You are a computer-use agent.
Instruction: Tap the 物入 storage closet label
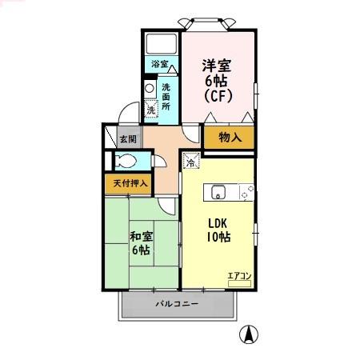pos(230,138)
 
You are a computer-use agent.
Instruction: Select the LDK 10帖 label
pos(219,230)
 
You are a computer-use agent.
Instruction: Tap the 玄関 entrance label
pos(128,138)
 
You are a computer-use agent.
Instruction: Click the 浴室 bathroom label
pos(159,64)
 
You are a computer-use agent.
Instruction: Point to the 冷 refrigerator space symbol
pos(190,162)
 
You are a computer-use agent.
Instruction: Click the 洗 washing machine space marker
pos(150,110)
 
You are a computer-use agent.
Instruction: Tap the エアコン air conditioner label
pos(239,277)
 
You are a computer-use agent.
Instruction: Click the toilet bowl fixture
pos(126,160)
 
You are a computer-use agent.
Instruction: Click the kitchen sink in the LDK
pos(218,192)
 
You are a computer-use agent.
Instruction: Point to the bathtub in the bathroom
pos(161,43)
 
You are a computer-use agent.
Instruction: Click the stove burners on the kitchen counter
pos(245,192)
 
